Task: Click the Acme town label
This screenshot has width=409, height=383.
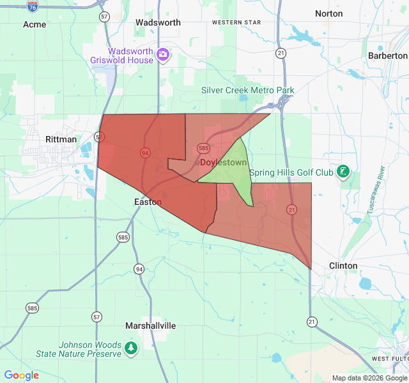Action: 35,24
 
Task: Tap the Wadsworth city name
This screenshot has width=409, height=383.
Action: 158,22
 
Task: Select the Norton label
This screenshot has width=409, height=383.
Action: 328,13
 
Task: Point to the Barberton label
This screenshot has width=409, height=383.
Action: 387,56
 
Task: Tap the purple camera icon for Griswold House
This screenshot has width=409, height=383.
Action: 163,55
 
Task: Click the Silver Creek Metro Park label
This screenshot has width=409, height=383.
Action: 248,90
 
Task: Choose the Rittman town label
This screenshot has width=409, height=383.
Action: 61,139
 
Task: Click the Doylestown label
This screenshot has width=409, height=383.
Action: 223,163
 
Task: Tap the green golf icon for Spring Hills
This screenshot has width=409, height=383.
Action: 344,172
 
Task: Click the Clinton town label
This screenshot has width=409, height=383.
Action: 343,266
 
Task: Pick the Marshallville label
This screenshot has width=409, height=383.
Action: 150,326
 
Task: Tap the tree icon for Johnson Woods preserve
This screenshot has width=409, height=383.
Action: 131,349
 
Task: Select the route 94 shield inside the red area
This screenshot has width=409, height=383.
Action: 146,153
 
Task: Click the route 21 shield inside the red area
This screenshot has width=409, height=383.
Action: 292,209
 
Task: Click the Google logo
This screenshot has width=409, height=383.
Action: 22,375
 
